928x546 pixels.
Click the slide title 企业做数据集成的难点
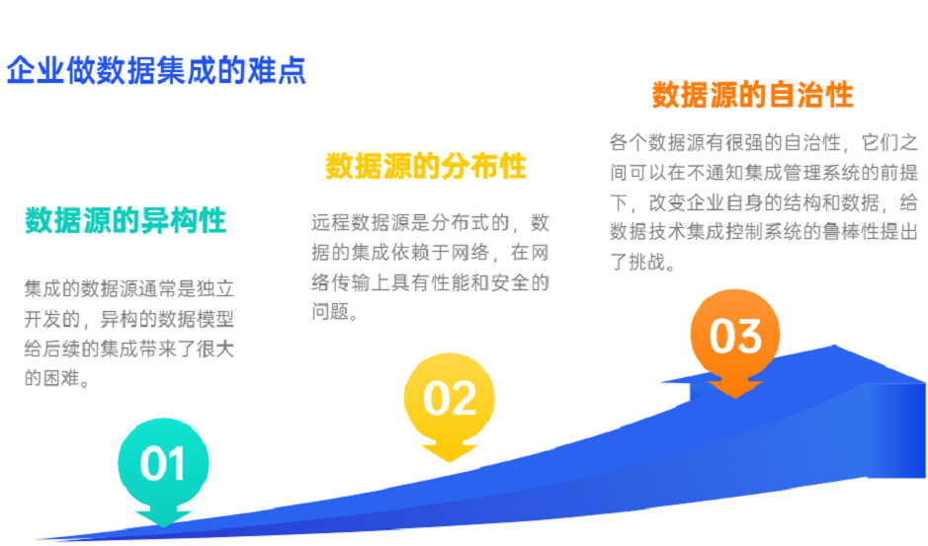tap(156, 71)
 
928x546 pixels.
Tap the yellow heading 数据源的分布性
tap(426, 166)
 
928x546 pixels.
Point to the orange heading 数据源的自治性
tap(752, 96)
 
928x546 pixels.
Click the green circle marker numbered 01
tap(163, 464)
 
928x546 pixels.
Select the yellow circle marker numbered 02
tap(450, 398)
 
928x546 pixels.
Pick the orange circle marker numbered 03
tap(735, 336)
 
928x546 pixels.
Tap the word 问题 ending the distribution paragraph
tap(333, 313)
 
